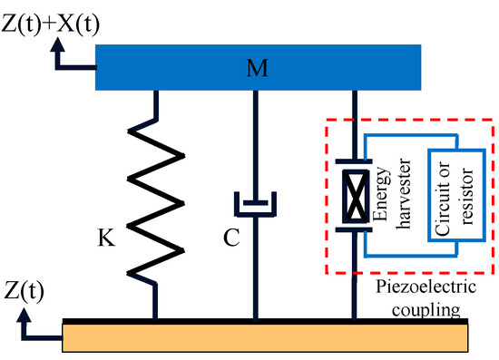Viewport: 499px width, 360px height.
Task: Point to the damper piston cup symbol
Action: [254, 206]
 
